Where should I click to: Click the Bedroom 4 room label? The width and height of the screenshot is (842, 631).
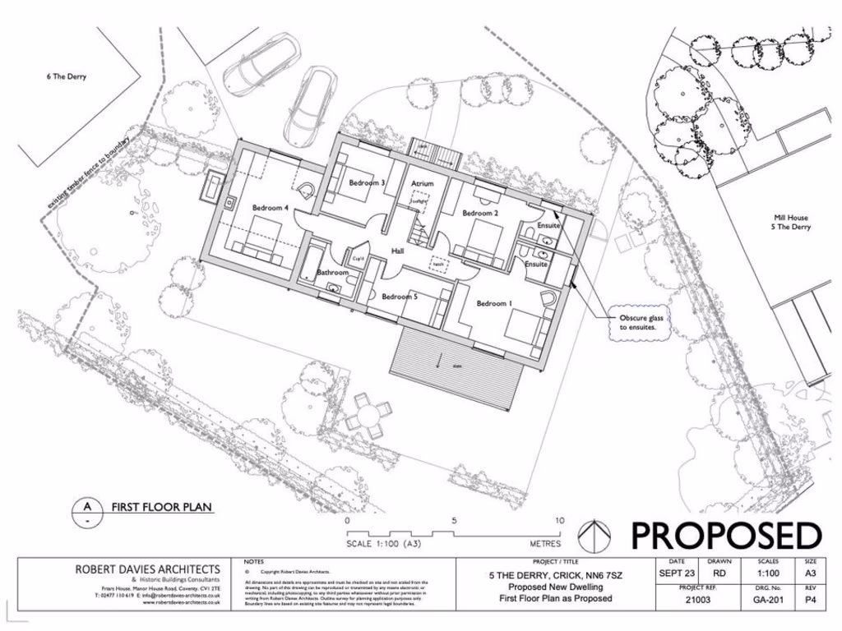(x=270, y=208)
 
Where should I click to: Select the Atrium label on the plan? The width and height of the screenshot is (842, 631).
(x=422, y=183)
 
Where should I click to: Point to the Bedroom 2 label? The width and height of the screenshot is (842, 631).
(x=480, y=214)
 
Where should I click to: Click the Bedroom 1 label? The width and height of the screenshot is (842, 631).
(x=494, y=304)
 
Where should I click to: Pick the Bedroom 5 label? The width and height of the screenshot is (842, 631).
(x=400, y=297)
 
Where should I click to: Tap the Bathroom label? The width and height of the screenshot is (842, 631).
(x=333, y=272)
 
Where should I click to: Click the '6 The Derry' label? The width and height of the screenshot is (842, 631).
(x=66, y=77)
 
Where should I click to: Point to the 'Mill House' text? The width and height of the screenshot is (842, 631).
(x=790, y=218)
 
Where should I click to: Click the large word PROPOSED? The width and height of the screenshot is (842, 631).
(x=725, y=536)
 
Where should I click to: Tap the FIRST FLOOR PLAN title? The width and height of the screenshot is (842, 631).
(x=162, y=507)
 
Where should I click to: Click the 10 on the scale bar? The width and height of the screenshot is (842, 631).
(x=560, y=521)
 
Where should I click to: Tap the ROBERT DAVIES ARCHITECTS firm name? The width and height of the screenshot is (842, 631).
(x=148, y=569)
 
